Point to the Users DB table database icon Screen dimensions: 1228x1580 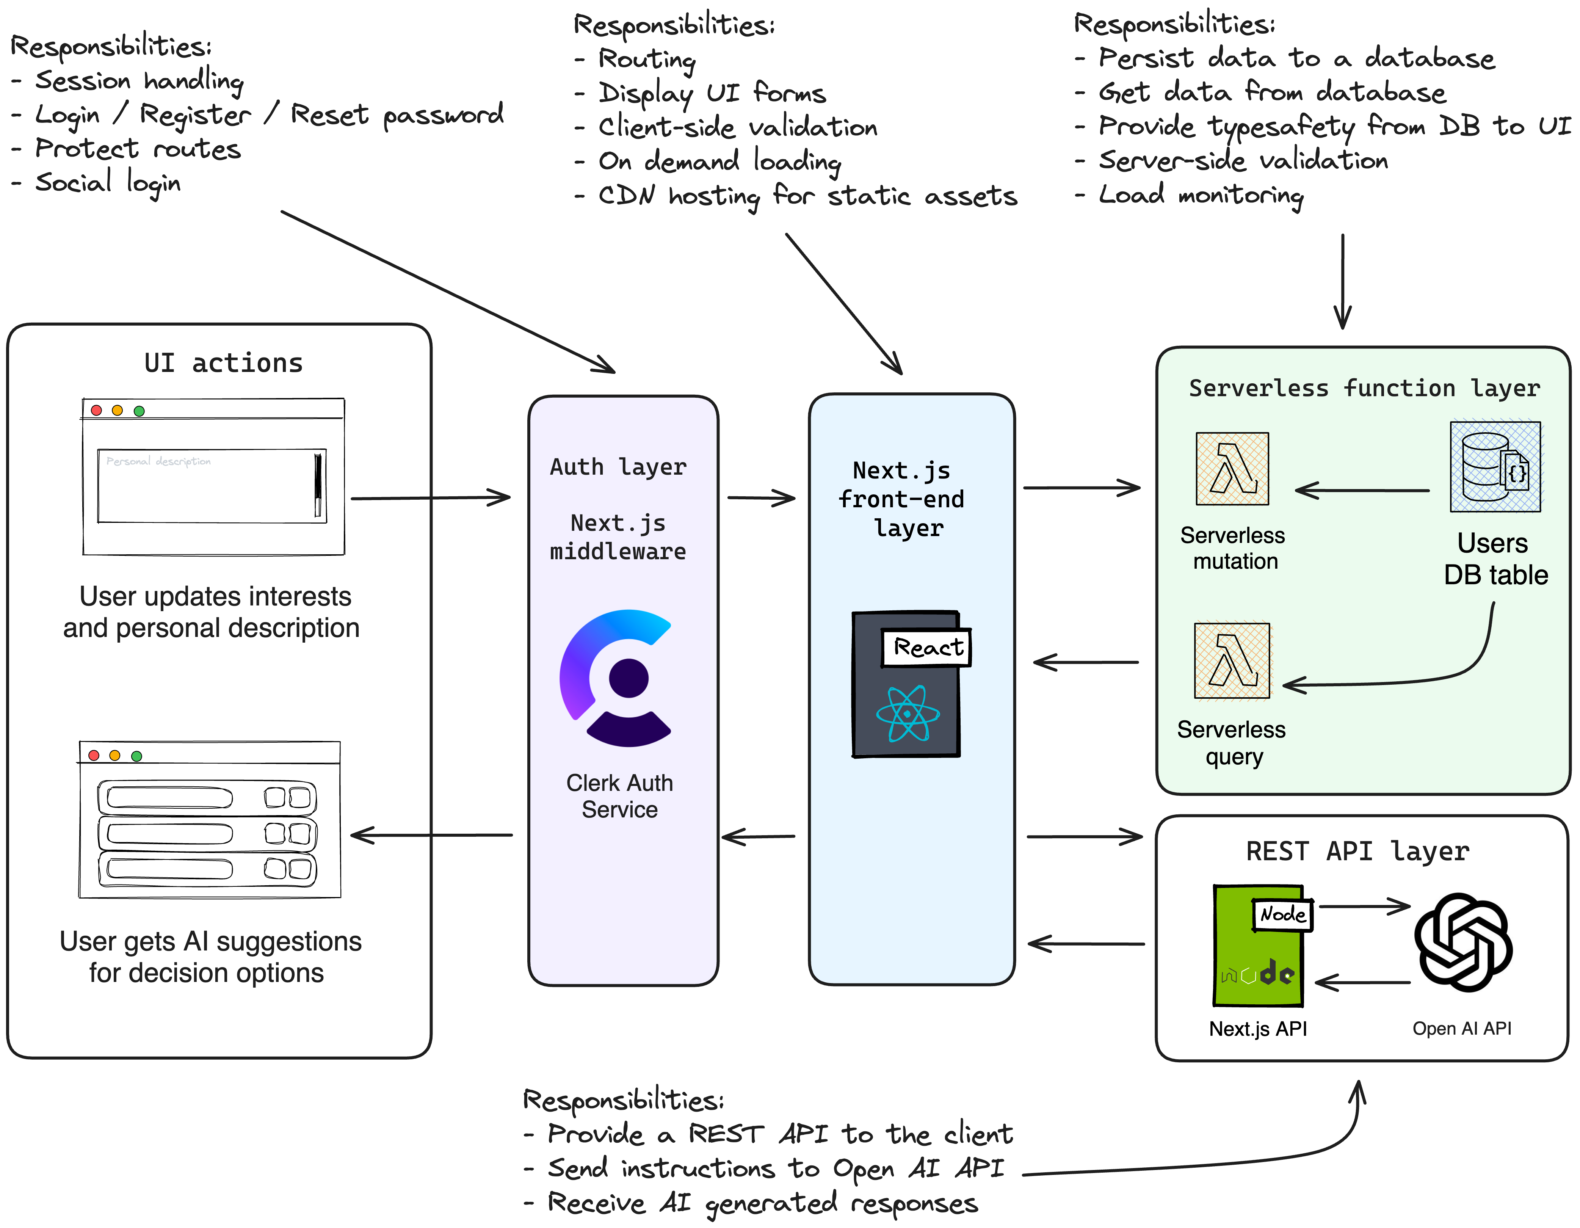(1495, 467)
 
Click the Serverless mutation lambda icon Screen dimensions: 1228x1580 (1232, 468)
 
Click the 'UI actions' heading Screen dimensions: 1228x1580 (224, 362)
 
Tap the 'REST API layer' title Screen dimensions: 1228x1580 (1357, 851)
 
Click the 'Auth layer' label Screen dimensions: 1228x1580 (618, 467)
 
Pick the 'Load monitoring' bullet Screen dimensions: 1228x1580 (1201, 194)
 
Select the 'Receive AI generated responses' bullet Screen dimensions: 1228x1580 (762, 1203)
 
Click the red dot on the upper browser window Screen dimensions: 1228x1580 (96, 410)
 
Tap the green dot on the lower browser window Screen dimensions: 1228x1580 (137, 756)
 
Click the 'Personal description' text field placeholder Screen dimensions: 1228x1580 (158, 461)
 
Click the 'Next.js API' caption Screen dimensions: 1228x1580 (1258, 1028)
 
